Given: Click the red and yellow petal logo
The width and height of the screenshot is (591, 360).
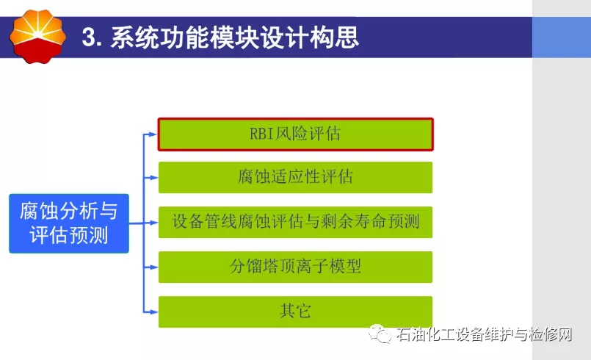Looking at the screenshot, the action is pyautogui.click(x=37, y=36).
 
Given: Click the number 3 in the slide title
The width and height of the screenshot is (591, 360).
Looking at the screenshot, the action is pyautogui.click(x=88, y=37).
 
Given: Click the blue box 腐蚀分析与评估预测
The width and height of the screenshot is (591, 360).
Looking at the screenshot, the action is pyautogui.click(x=69, y=223).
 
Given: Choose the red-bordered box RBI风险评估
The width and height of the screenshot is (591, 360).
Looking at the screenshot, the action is pyautogui.click(x=295, y=134).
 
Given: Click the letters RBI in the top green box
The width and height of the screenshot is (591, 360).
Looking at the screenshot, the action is pyautogui.click(x=261, y=134).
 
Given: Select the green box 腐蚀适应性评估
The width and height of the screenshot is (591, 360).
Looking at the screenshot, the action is pyautogui.click(x=295, y=177).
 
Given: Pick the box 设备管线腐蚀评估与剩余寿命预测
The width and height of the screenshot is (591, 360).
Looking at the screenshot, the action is pyautogui.click(x=295, y=223).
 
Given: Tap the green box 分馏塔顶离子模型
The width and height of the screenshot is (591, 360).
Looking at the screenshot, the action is pyautogui.click(x=295, y=267).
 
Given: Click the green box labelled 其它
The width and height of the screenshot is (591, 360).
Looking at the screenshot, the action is pyautogui.click(x=295, y=312).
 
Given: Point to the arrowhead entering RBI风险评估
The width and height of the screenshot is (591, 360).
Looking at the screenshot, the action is pyautogui.click(x=153, y=134).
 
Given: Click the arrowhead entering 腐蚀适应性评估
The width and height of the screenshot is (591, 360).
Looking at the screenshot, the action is pyautogui.click(x=153, y=177).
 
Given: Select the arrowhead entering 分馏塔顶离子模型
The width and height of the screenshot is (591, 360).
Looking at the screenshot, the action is pyautogui.click(x=153, y=267).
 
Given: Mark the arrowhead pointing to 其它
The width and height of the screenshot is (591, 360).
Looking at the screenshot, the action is pyautogui.click(x=153, y=312).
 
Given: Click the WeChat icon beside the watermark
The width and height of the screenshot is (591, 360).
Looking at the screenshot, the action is pyautogui.click(x=380, y=334).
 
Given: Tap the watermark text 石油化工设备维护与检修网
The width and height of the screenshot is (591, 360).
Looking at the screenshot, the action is pyautogui.click(x=484, y=335).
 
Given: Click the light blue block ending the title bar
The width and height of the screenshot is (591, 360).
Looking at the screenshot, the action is pyautogui.click(x=562, y=37).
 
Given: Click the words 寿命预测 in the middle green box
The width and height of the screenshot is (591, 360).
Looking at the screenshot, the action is pyautogui.click(x=387, y=221).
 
